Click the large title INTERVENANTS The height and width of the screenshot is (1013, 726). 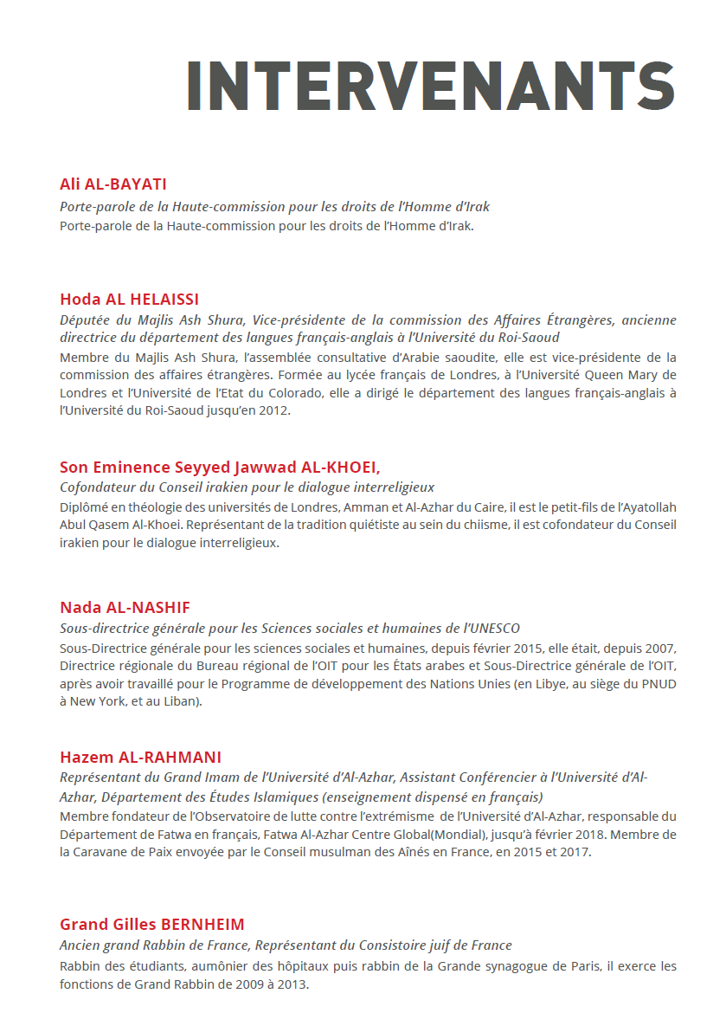(430, 85)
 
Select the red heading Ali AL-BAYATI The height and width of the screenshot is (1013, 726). (113, 184)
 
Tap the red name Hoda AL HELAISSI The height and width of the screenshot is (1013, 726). (130, 300)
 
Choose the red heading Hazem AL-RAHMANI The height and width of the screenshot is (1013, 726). (141, 757)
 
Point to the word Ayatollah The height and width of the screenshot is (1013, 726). (646, 506)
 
